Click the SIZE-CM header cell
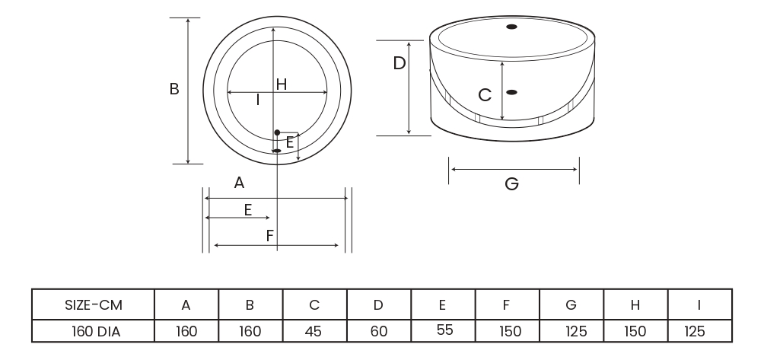coord(93,305)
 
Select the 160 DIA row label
coord(93,331)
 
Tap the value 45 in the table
coord(314,331)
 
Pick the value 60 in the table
coord(378,331)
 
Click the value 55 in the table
coord(442,330)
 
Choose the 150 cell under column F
coord(506,331)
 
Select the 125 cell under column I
coord(699,331)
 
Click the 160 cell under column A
coord(186,331)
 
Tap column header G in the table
coord(571,305)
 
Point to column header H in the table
coord(635,305)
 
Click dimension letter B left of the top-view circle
coord(174,89)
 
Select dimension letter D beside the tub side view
coord(400,64)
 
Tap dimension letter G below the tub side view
coord(512,184)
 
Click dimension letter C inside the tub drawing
coord(485,95)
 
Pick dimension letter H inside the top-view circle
coord(282,84)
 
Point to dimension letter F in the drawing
coord(270,236)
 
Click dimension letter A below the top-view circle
coord(239,183)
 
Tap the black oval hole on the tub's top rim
coord(511,27)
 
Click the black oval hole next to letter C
coord(511,92)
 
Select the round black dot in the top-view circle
coord(277,132)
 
